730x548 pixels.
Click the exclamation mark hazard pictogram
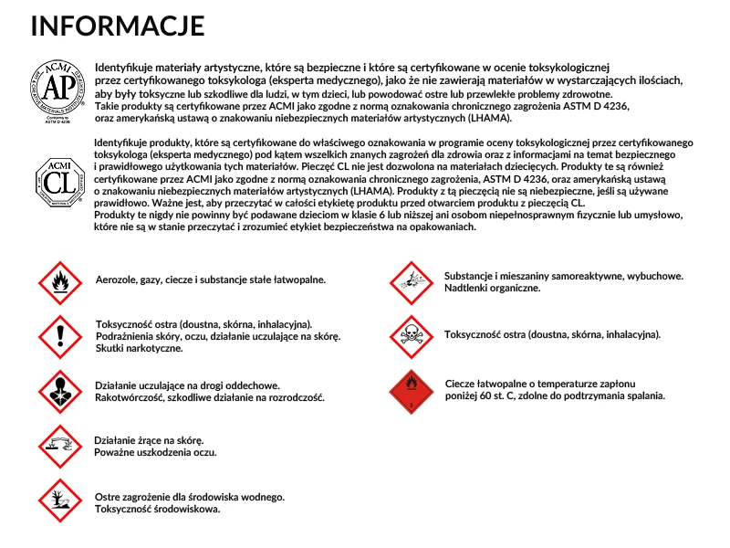59,336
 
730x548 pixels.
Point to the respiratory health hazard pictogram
59,391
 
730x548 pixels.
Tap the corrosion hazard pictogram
59,446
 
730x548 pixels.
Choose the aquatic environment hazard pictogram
59,501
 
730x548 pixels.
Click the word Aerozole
119,279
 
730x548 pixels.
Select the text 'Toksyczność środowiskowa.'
157,509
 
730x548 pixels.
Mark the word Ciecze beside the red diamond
464,384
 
